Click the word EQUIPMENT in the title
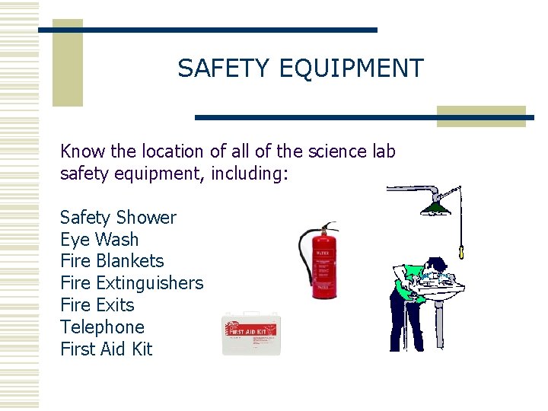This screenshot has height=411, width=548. pos(351,68)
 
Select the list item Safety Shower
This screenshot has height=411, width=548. pos(118,218)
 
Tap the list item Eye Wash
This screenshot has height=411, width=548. pos(99,240)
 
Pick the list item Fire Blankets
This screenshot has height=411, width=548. pos(112,261)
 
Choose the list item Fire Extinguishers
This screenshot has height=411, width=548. pos(132,283)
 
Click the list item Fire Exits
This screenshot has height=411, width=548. pos(97,305)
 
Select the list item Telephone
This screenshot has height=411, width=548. pos(102,327)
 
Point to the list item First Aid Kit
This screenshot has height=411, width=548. pos(106,349)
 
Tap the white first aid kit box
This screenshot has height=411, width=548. pos(251,335)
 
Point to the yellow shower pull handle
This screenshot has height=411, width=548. pos(461,250)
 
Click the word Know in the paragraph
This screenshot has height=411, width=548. pos(81,151)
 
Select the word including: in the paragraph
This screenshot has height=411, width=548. pos(251,174)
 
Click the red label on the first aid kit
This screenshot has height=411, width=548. pos(252,328)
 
